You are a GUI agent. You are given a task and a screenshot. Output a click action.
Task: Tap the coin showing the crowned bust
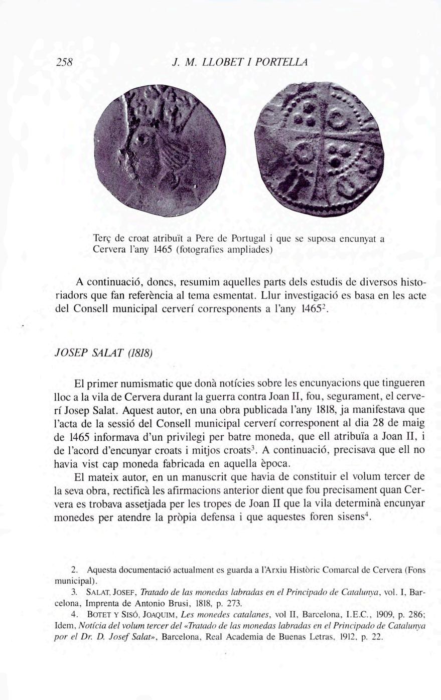159,151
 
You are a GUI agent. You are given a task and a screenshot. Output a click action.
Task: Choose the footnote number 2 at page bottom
74,570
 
